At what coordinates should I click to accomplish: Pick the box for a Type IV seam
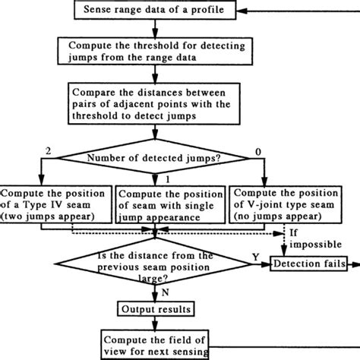57,201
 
